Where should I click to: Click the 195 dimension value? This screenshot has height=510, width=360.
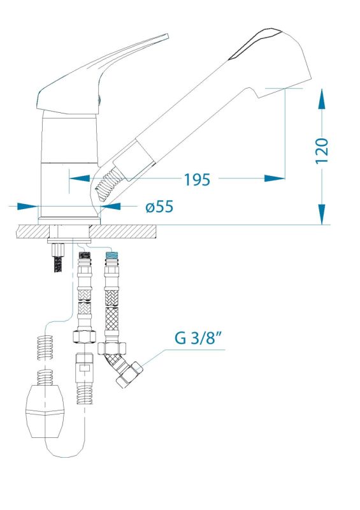tap(197, 179)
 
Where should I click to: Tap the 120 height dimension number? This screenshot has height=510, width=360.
tap(322, 151)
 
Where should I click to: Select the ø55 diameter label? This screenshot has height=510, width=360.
tap(159, 207)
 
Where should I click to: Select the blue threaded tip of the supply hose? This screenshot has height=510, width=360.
tap(112, 254)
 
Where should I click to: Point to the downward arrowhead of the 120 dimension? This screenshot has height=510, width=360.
tap(322, 214)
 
